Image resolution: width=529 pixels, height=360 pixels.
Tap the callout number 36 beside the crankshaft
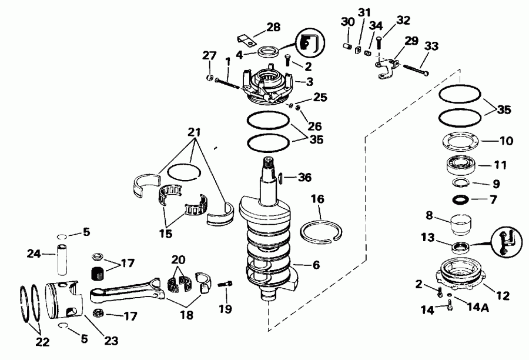click(x=304, y=176)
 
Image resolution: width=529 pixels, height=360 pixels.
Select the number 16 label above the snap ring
click(x=317, y=201)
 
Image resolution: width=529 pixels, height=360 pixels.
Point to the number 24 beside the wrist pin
click(x=33, y=254)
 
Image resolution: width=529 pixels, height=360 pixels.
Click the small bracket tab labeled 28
click(x=246, y=40)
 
